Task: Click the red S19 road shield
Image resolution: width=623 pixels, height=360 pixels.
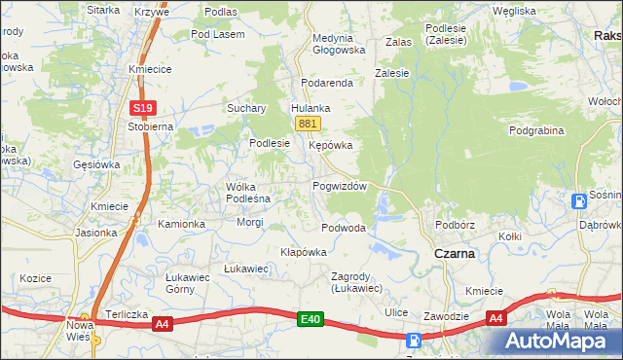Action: point(142,108)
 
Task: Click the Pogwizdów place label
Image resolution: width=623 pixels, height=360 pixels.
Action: point(339,186)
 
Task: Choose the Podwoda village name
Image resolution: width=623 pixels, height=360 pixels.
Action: point(344,228)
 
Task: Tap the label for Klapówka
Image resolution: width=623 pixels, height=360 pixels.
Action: point(303,251)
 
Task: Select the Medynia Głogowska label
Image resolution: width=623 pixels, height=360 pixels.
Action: point(338,45)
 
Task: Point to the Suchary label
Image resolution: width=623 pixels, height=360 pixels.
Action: point(247,108)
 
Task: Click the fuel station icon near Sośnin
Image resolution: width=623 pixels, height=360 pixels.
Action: point(579,201)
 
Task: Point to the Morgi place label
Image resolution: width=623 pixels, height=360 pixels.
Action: point(250,222)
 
